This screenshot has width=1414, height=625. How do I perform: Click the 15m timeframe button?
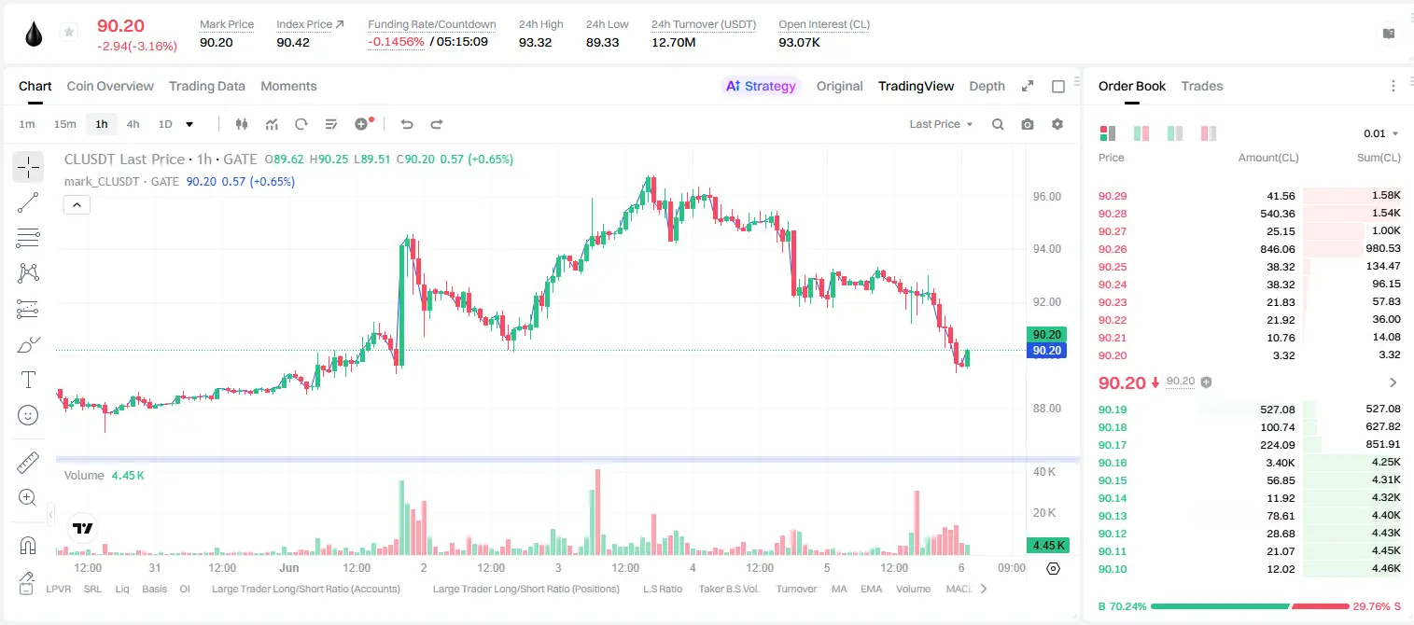pos(65,124)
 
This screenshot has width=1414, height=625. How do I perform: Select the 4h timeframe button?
pos(133,124)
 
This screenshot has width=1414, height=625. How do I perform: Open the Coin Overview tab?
pos(110,86)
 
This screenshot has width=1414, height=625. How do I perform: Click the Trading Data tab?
pos(207,86)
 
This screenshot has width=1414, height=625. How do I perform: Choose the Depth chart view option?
pos(987,86)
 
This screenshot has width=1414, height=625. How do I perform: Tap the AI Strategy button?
pos(761,86)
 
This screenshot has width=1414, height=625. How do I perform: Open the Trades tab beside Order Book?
pos(1202,86)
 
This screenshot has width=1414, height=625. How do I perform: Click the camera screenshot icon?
pos(1028,124)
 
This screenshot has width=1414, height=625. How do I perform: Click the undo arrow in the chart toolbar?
pos(407,124)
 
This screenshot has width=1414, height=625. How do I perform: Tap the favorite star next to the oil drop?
pos(69,32)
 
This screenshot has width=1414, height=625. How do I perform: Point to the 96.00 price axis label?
pos(1046,197)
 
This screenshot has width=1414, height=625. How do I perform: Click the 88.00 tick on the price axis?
pos(1046,409)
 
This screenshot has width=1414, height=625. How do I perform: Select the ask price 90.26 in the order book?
pos(1113,249)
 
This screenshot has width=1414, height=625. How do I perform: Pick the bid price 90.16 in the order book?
pos(1113,463)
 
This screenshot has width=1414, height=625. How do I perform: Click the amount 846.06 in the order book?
pos(1277,249)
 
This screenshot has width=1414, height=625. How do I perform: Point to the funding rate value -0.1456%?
pos(396,42)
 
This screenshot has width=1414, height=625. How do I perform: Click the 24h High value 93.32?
pos(536,42)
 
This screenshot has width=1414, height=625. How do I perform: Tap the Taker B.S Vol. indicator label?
pos(728,589)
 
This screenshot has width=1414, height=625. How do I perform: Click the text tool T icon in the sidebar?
pos(28,380)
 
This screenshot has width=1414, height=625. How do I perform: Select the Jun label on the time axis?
pos(289,567)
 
